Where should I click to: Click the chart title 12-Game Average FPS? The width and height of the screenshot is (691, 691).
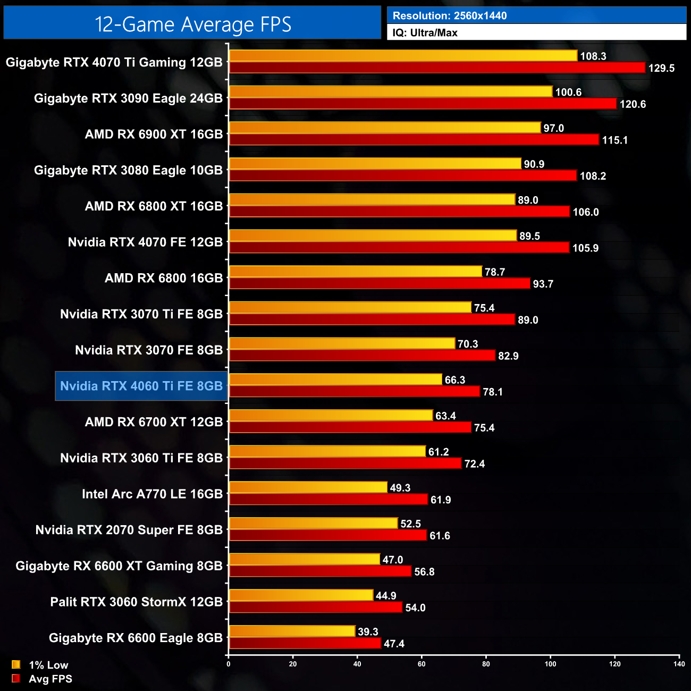pos(192,24)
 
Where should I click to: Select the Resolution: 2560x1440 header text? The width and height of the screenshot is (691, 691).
pos(450,16)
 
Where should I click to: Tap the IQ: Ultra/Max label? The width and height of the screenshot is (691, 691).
pos(425,33)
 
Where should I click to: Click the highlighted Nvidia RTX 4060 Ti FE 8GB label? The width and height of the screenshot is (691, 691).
pos(141,386)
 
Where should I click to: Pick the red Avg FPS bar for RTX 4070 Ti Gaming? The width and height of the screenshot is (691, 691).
pos(437,68)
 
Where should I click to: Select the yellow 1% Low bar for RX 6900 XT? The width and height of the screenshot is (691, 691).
pos(385,128)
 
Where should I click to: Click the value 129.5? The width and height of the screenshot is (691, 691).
pos(661,68)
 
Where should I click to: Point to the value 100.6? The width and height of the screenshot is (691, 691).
pos(568,92)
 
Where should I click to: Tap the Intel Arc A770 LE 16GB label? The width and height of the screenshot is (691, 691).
pos(152,494)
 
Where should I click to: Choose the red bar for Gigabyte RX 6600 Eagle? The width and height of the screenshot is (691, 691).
pos(305,643)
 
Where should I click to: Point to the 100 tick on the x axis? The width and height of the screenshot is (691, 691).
pos(550,664)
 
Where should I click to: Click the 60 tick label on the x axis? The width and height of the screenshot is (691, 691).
pos(422,664)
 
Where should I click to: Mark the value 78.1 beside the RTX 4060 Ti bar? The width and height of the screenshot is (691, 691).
pos(492,392)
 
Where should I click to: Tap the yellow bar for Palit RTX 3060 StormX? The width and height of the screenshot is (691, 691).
pos(301,595)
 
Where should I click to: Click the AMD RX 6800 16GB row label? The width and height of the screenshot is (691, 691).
pos(164,278)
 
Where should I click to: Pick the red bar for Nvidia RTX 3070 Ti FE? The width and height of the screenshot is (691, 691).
pos(372,319)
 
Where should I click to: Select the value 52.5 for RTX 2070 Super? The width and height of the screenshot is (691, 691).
pos(410,524)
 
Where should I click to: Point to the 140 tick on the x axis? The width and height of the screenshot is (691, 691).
pos(679,664)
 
